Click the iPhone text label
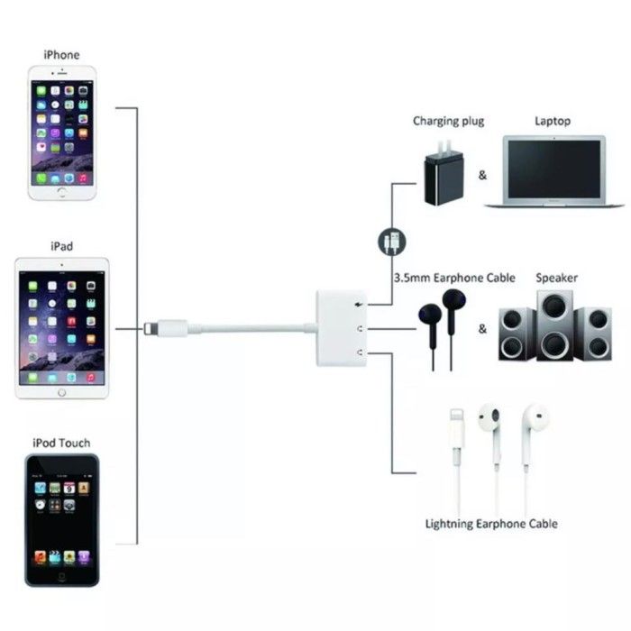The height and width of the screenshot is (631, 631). point(61,55)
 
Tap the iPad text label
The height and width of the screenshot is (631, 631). point(61,245)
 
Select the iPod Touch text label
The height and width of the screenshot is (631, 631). point(61,444)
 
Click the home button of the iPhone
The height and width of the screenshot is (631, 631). point(61,191)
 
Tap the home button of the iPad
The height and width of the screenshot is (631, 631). point(62,392)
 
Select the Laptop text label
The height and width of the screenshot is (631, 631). point(553,121)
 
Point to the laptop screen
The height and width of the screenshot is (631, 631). point(553,168)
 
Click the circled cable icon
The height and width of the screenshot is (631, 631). point(391,242)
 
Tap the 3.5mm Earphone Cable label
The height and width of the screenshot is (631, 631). point(454,278)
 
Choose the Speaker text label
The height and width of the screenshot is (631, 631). point(556,278)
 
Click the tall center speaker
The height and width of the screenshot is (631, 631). point(552,326)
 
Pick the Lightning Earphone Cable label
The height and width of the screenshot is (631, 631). point(491,524)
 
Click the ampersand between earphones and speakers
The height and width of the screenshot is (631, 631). point(482,329)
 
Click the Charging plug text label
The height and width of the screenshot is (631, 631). point(448,121)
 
